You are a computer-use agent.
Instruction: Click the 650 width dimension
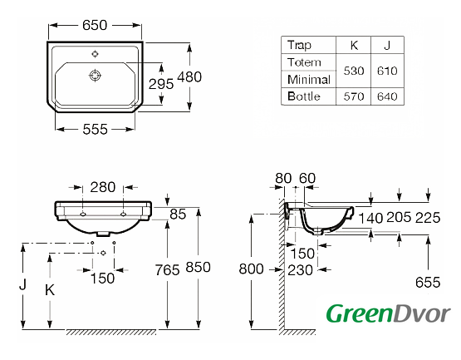[95, 25]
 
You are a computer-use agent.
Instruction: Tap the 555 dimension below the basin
[95, 129]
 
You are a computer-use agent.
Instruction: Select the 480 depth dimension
[189, 76]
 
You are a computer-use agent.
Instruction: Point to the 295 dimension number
[161, 84]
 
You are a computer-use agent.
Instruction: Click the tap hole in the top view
[95, 54]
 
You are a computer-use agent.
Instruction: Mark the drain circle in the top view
[95, 76]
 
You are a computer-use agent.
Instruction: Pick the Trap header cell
[299, 45]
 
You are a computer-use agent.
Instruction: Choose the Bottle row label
[304, 96]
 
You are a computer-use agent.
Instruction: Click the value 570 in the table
[354, 96]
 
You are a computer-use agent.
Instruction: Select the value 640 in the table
[387, 96]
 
